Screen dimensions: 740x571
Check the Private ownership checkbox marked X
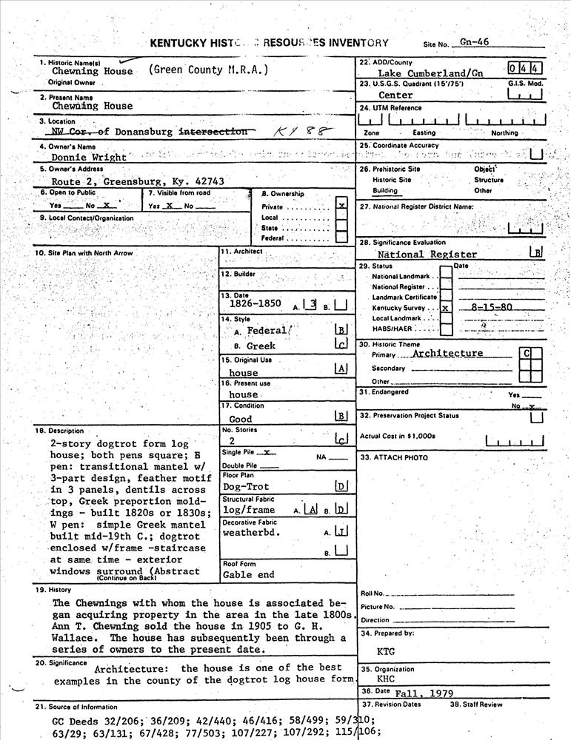(x=341, y=206)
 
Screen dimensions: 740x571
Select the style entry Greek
(x=260, y=346)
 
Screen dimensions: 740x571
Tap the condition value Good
(x=241, y=419)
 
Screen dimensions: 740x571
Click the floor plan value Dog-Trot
(x=246, y=487)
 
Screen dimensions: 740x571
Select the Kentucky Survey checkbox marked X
(x=445, y=306)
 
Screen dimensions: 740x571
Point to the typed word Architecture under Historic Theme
(x=447, y=354)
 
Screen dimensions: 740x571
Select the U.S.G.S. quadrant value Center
(x=395, y=95)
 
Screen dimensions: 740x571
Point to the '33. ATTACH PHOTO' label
(x=393, y=457)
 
